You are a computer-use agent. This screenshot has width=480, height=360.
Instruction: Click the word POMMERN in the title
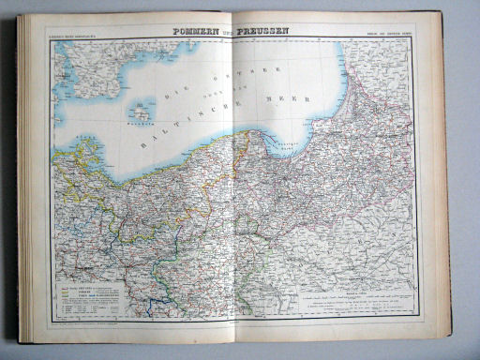pyautogui.click(x=198, y=31)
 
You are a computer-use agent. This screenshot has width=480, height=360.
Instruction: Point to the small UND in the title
pyautogui.click(x=229, y=32)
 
